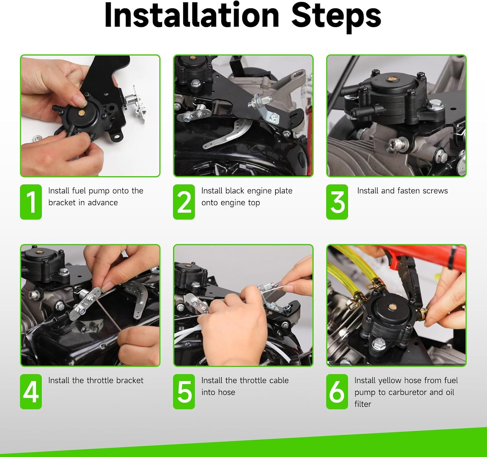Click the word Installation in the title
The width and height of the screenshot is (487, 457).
tap(192, 16)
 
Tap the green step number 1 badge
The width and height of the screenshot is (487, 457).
tap(31, 202)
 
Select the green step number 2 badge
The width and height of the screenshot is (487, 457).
tap(184, 202)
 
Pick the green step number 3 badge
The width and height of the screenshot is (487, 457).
tap(337, 202)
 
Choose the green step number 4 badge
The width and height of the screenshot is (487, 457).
tap(31, 391)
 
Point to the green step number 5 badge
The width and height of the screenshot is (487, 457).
tap(184, 391)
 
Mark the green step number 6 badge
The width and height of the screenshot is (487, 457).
tap(337, 391)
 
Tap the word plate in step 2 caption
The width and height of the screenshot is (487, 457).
tap(283, 191)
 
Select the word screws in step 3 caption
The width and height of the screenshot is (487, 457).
tap(435, 191)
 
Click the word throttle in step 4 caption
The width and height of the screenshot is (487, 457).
tap(99, 380)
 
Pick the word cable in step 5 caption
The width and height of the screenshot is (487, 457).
tap(277, 380)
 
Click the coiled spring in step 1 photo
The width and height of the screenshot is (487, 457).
tap(130, 97)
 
